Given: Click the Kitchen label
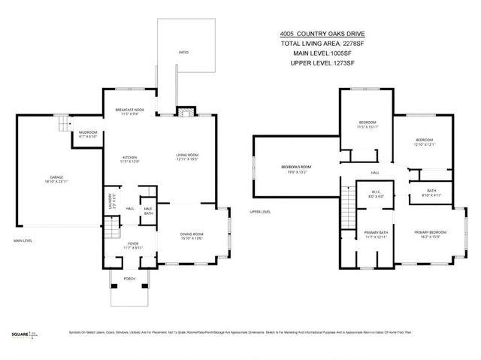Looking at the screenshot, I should coord(130,159).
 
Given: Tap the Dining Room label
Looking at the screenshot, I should coord(192,236).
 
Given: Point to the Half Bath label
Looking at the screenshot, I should coord(148,211).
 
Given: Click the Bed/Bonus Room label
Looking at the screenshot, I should coord(295,168).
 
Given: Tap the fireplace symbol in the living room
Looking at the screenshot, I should coord(183,113).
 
